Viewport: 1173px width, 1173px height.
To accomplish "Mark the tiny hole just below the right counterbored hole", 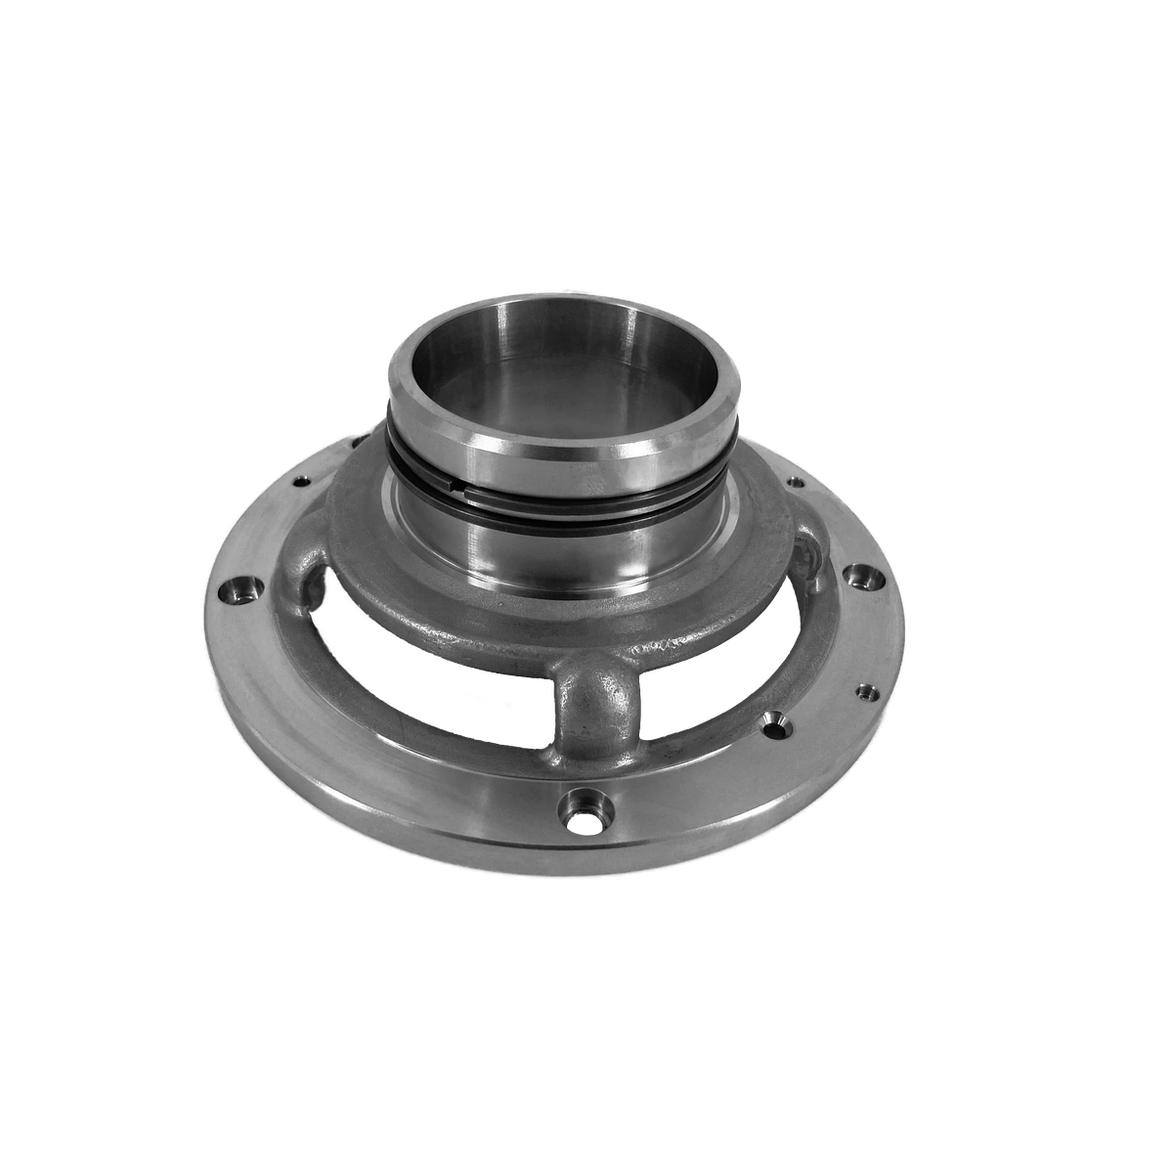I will click(863, 691).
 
